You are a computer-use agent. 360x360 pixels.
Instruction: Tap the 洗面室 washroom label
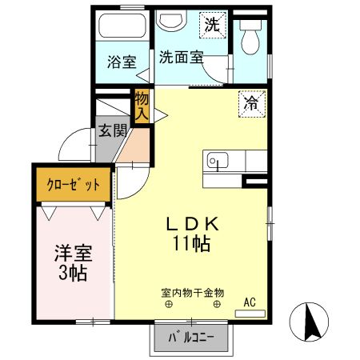(x=181, y=57)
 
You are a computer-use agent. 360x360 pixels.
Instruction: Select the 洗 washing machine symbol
(x=211, y=25)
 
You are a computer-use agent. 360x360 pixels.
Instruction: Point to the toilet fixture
(x=251, y=35)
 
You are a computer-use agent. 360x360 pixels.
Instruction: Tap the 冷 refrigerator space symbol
(x=250, y=102)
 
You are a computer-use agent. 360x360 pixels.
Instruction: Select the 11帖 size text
(x=190, y=244)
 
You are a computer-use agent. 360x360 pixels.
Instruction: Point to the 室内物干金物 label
(x=191, y=293)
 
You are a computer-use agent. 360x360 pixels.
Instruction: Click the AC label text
(x=250, y=302)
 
